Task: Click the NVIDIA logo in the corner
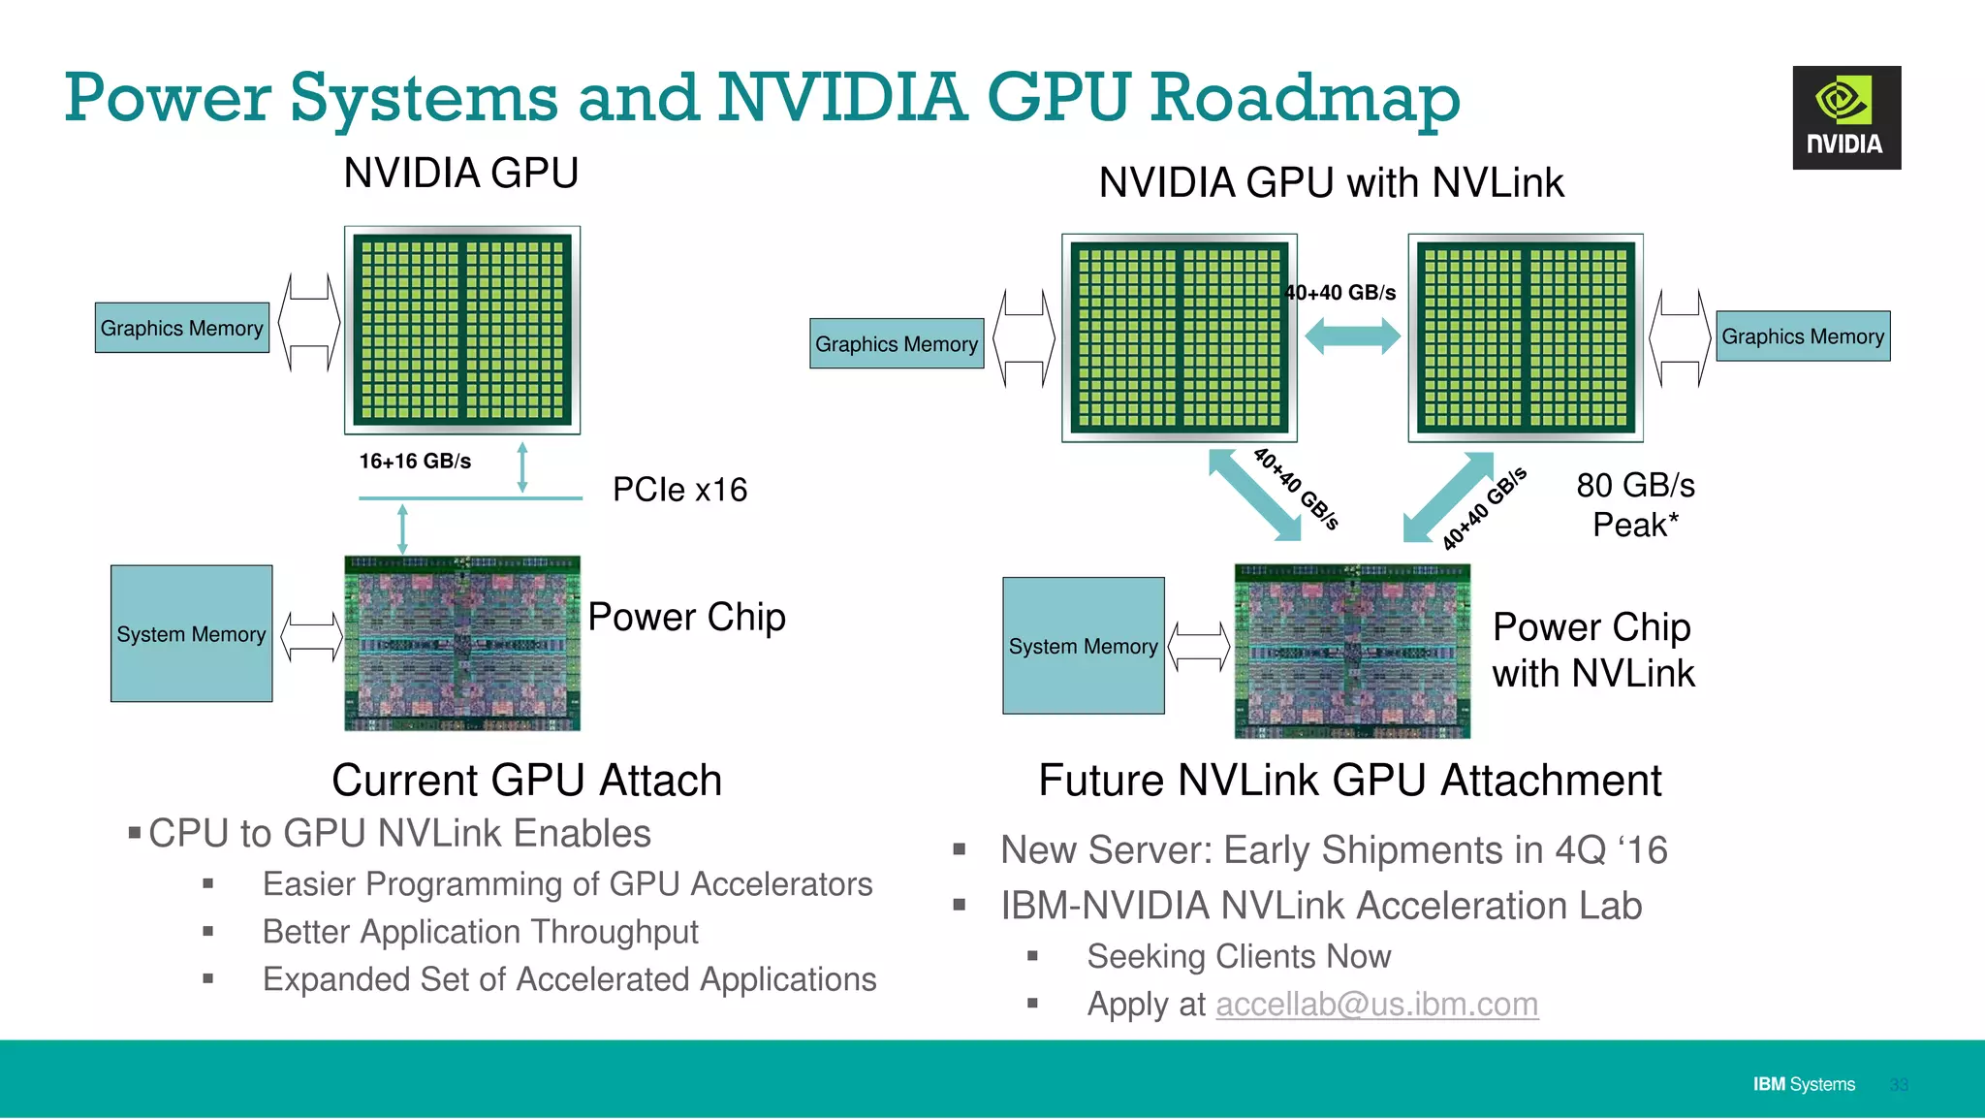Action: [1845, 117]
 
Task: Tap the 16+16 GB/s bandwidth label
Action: [415, 462]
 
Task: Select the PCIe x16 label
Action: [679, 490]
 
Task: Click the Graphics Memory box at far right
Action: [1802, 336]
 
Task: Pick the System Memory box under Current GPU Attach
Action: [191, 634]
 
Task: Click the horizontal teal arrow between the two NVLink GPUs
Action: [1352, 336]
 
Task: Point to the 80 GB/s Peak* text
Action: [1635, 505]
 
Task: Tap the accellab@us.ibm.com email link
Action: [1376, 1005]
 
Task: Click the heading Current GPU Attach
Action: [526, 781]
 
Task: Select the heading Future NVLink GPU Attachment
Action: [1349, 781]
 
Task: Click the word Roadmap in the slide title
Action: [1305, 98]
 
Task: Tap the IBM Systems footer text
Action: [1803, 1084]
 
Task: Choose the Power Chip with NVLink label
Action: [1592, 650]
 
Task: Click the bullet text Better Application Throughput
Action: [480, 932]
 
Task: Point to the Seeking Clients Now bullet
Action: [1238, 957]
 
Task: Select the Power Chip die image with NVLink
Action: [1351, 651]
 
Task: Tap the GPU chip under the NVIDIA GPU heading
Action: [462, 330]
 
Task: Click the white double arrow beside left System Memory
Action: [311, 637]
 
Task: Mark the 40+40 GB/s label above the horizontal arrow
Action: [1341, 293]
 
